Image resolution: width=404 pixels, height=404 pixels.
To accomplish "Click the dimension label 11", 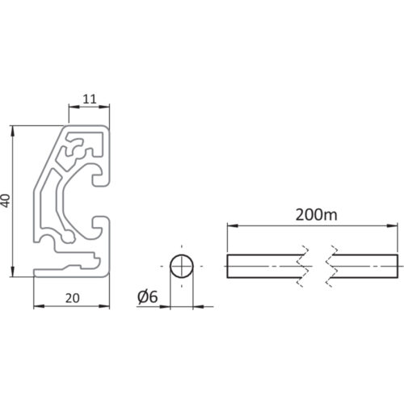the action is click(x=90, y=99).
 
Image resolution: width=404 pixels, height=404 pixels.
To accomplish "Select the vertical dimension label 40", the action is click(x=6, y=200).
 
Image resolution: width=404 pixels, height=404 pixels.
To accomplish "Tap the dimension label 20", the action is click(x=72, y=298).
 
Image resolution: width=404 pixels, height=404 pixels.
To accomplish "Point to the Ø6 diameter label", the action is click(x=147, y=297).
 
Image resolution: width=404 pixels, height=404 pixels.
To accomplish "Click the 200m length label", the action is click(x=316, y=215).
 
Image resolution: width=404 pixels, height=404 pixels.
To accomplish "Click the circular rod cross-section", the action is click(x=182, y=266).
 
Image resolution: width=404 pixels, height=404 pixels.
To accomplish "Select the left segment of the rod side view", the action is click(x=265, y=266).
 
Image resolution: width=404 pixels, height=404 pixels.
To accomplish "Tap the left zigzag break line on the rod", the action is click(x=302, y=266).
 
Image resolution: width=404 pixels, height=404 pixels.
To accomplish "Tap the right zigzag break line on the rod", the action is click(x=331, y=266).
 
